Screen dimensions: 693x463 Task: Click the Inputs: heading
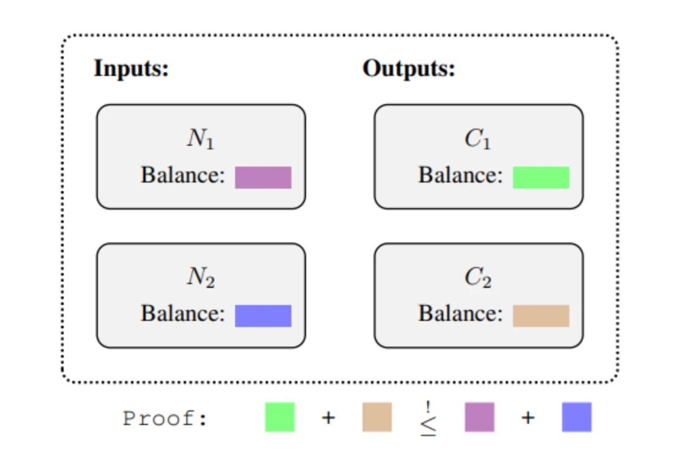point(131,69)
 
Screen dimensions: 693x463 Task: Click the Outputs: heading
point(409,69)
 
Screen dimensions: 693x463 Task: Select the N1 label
point(201,138)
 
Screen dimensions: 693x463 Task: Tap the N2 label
point(201,277)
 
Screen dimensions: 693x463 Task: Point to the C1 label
point(478,138)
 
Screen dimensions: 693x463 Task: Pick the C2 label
point(478,277)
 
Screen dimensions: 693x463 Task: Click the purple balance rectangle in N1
point(263,178)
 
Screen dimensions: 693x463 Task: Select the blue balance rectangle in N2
point(263,316)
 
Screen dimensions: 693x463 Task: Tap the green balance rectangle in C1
point(541,178)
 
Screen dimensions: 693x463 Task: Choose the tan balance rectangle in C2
point(541,316)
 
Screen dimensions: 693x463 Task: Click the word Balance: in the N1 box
point(182,175)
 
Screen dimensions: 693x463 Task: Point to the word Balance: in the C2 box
point(460,314)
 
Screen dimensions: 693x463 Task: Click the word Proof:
point(165,418)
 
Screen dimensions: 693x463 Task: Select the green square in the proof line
point(280,417)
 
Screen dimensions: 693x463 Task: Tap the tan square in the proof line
point(377,417)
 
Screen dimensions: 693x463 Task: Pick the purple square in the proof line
point(479,417)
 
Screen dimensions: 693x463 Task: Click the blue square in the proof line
point(577,417)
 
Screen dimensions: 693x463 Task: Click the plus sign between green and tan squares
point(328,418)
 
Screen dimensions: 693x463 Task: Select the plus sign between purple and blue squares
point(528,418)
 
